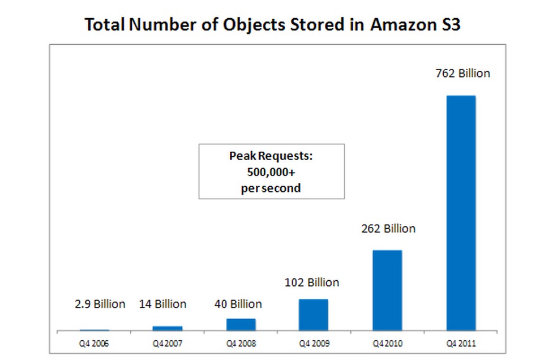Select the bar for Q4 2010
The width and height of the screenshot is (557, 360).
click(x=387, y=290)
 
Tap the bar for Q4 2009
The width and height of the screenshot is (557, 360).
click(x=313, y=314)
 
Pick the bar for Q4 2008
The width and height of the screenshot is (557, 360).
click(x=241, y=324)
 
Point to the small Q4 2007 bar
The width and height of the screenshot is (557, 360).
click(x=168, y=328)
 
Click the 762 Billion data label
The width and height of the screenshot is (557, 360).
click(x=462, y=74)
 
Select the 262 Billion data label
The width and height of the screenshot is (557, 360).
click(x=388, y=229)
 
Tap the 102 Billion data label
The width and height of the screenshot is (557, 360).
click(x=312, y=282)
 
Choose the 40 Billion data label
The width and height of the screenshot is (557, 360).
click(x=238, y=304)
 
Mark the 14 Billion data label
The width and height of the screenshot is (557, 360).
click(x=162, y=304)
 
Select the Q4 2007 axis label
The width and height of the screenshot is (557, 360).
click(x=168, y=343)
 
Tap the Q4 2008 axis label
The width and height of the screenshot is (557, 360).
click(x=241, y=343)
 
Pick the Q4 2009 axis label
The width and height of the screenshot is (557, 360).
click(x=314, y=343)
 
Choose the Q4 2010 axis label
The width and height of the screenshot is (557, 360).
click(x=387, y=343)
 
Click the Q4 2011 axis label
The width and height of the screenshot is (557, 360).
click(x=460, y=343)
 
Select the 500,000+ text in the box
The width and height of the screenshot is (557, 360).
click(x=271, y=172)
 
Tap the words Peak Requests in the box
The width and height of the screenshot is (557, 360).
click(x=271, y=156)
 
